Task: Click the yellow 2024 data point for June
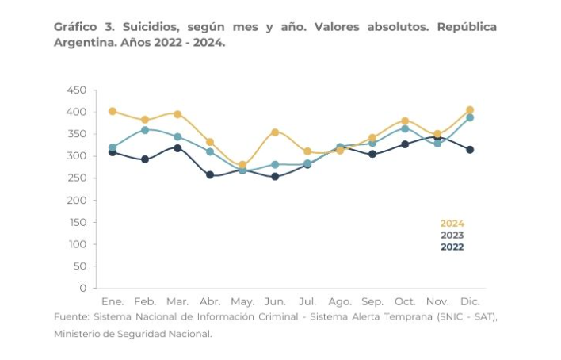click(275, 132)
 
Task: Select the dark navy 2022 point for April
click(210, 175)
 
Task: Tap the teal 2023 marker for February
click(145, 130)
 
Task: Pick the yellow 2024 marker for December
click(470, 110)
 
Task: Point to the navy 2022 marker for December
click(470, 150)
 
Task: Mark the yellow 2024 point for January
click(113, 111)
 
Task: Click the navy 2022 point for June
click(275, 177)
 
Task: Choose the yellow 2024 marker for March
click(177, 114)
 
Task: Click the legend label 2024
click(452, 224)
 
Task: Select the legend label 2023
click(452, 236)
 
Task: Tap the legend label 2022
click(452, 247)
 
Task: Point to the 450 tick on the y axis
click(76, 90)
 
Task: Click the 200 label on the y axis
click(76, 200)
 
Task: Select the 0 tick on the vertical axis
click(82, 288)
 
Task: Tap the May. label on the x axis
click(242, 302)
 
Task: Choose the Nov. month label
click(437, 302)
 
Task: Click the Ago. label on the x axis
click(340, 302)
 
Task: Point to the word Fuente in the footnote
click(71, 317)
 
